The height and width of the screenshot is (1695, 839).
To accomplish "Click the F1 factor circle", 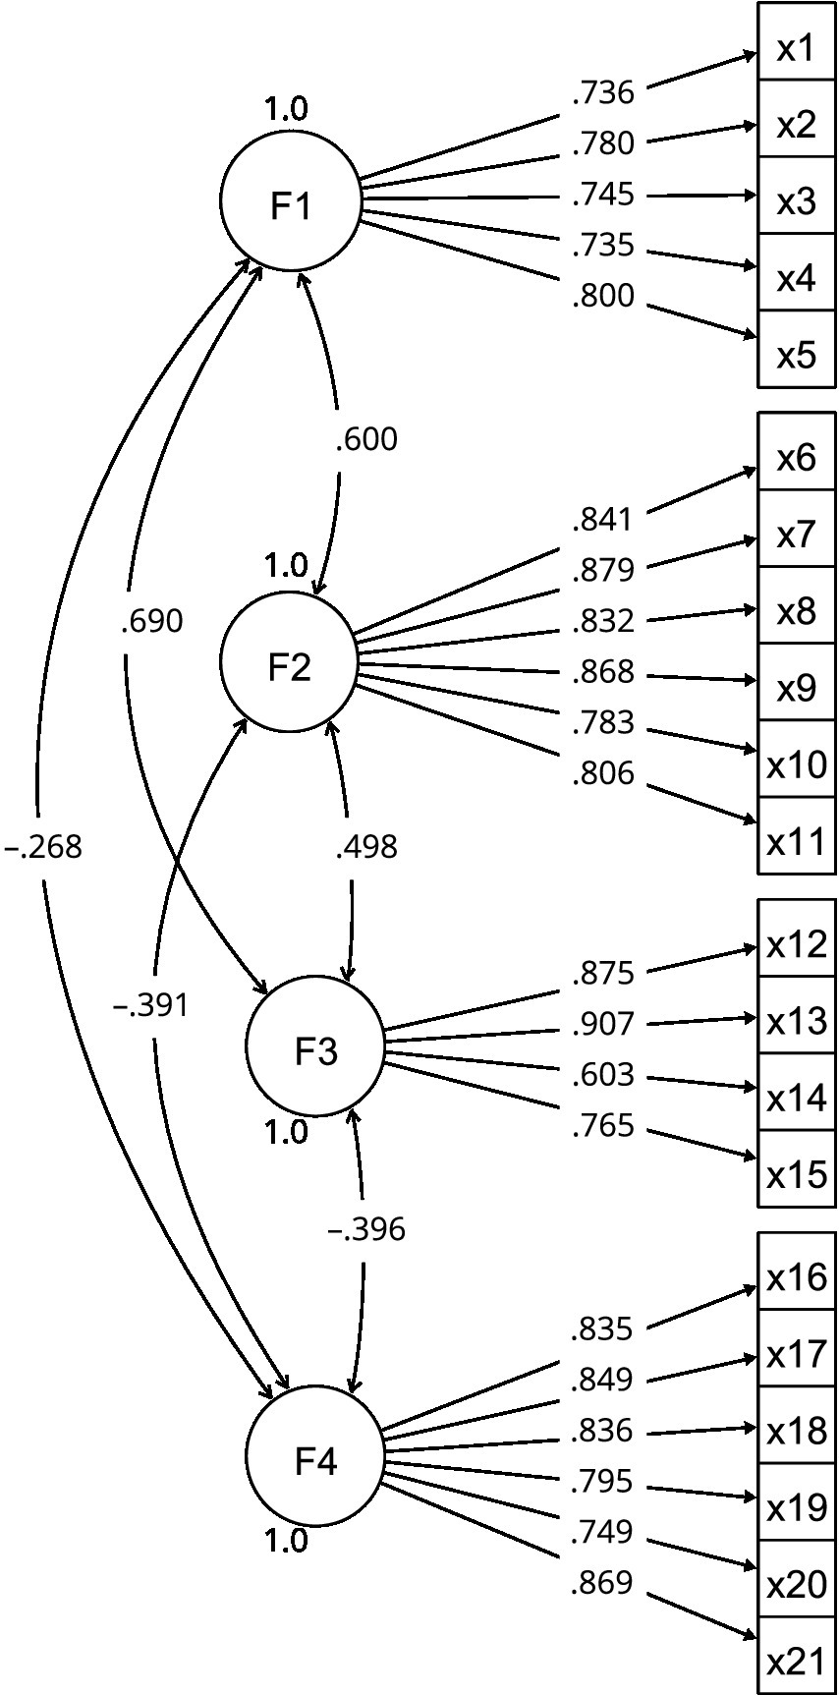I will click(x=290, y=201).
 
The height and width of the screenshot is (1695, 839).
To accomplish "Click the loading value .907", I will click(x=603, y=1025).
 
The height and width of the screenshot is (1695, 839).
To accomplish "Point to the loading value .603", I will click(x=603, y=1076).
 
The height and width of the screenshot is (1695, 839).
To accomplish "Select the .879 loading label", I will click(x=603, y=571).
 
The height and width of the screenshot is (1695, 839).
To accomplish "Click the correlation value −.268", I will click(x=43, y=847).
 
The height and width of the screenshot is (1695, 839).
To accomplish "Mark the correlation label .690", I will click(x=151, y=622).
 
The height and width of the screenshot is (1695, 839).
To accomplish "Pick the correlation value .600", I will click(x=366, y=439).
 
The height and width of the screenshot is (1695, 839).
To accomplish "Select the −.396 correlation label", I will click(x=366, y=1229).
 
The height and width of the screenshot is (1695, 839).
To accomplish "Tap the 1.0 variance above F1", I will click(x=286, y=108).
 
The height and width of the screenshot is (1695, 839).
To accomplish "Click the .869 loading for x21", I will click(x=602, y=1583).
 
